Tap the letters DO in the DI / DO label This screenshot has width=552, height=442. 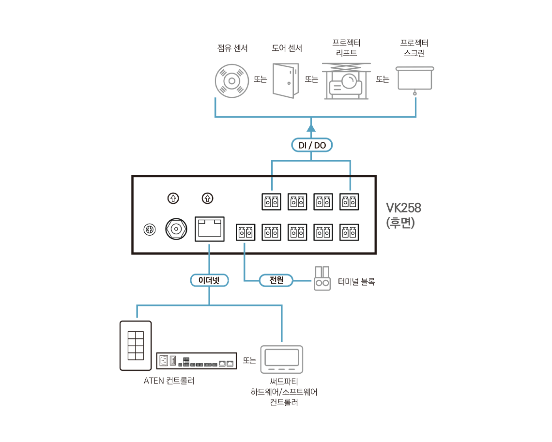(x=320, y=145)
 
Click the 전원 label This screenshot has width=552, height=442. (x=276, y=280)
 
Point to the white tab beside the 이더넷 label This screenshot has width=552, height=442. (x=232, y=286)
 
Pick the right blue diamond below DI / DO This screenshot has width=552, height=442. (x=350, y=183)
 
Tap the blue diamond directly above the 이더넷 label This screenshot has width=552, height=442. (x=210, y=249)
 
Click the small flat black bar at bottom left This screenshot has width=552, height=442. (x=206, y=362)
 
